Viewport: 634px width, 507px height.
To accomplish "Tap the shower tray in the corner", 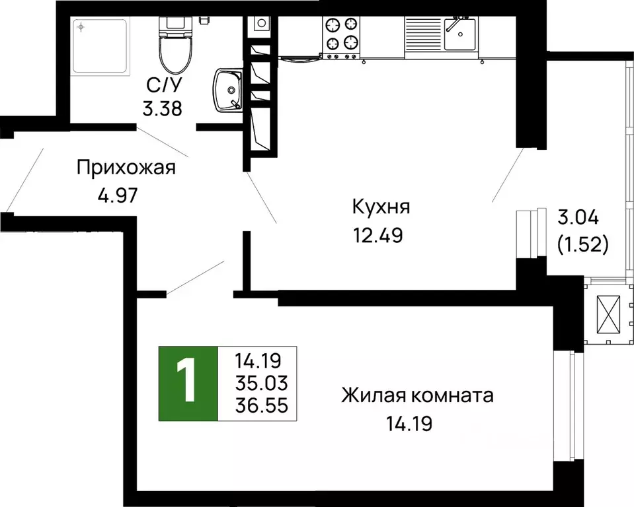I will pos(100,45).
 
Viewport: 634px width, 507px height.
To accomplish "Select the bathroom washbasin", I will pos(228,90).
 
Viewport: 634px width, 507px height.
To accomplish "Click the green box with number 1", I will pos(188,383).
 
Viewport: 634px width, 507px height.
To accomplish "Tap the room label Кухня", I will pos(381,207).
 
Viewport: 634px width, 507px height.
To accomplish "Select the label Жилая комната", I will pos(417,396).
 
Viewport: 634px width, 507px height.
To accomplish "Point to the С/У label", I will pos(163,84).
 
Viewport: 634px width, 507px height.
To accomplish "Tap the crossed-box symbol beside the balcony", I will pos(610,315).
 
